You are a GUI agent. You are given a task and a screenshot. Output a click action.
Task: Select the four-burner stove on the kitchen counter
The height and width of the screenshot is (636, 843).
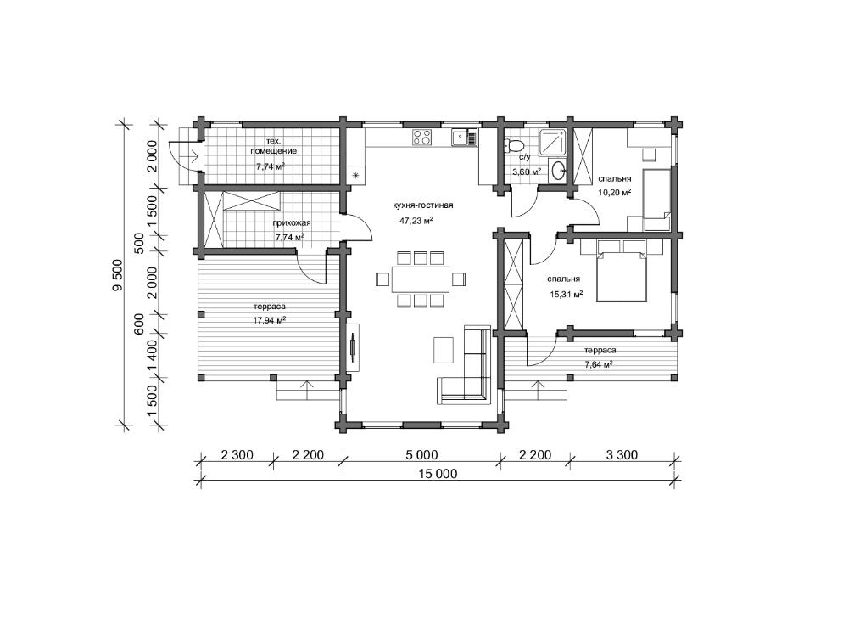[421, 138]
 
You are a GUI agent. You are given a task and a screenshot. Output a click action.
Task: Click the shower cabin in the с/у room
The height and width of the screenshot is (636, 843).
[552, 142]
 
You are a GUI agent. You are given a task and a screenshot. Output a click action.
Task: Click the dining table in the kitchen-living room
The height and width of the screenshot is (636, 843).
[421, 279]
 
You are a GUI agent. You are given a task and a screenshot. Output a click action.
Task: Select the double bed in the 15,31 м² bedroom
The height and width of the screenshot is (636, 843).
[621, 271]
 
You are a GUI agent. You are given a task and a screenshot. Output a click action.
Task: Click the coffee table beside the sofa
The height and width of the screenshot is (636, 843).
[444, 350]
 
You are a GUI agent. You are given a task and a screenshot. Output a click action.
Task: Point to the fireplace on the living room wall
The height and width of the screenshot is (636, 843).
[353, 347]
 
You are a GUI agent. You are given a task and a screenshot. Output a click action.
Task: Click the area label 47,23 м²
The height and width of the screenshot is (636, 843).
[416, 220]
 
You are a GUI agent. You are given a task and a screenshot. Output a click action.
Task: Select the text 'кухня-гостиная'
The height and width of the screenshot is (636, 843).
[423, 205]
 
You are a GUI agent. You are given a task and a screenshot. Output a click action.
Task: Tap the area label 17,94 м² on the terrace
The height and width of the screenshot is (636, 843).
[269, 320]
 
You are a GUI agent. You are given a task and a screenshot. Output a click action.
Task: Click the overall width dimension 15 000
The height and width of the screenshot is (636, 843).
[438, 474]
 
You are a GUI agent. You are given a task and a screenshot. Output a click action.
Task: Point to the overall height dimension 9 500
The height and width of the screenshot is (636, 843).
[118, 275]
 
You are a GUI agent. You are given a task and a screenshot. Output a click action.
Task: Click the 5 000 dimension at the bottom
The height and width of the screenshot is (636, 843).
[421, 455]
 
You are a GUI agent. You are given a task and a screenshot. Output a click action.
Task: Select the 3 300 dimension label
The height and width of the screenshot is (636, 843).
[622, 455]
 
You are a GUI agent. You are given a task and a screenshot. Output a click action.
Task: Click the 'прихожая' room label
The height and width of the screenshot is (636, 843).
[292, 222]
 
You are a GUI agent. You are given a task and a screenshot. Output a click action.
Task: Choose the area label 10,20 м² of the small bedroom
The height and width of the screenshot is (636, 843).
[615, 192]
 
